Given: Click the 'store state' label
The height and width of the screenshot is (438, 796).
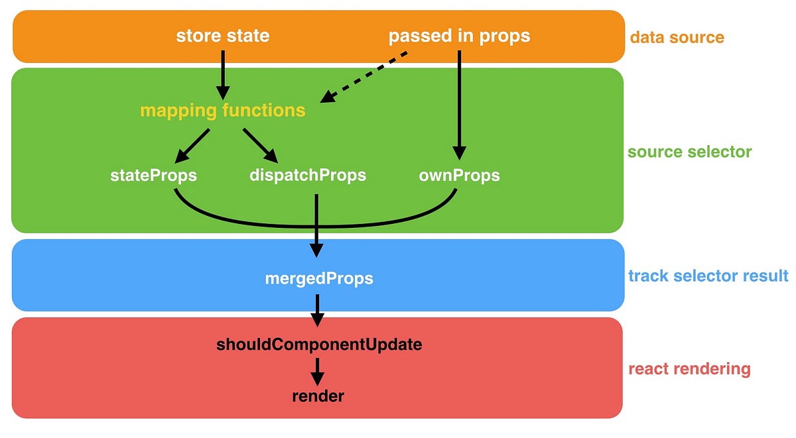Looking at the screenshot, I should coord(222,36).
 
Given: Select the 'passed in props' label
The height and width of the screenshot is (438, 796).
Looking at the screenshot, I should coord(459,36).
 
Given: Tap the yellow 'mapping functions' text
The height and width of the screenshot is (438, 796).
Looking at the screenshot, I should coord(222,111).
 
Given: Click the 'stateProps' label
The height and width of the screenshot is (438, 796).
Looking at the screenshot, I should coord(154,176).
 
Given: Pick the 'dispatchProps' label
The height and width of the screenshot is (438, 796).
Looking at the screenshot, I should coord(308,176).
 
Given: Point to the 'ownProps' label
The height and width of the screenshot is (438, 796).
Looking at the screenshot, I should coord(459,176).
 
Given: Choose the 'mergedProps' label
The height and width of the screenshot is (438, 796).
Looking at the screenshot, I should coord(318,278).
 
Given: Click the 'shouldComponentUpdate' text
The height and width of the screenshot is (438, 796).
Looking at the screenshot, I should coord(318,345).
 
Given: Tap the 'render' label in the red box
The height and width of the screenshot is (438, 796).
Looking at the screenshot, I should coord(318,396).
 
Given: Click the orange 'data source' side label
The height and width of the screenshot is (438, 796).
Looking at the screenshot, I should coord(677,36).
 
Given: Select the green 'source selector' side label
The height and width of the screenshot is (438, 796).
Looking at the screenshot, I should coord(690,152).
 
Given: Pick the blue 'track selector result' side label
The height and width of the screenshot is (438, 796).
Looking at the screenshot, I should coord(708,275).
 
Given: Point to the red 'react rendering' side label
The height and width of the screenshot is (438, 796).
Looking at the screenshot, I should coord(689,368).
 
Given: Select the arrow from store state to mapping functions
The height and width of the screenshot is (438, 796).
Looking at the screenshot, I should coord(222,73).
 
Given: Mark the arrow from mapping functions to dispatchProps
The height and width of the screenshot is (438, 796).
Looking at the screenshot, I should coord(260,144).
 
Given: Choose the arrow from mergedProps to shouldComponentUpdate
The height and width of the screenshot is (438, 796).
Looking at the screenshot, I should coord(318,309).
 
